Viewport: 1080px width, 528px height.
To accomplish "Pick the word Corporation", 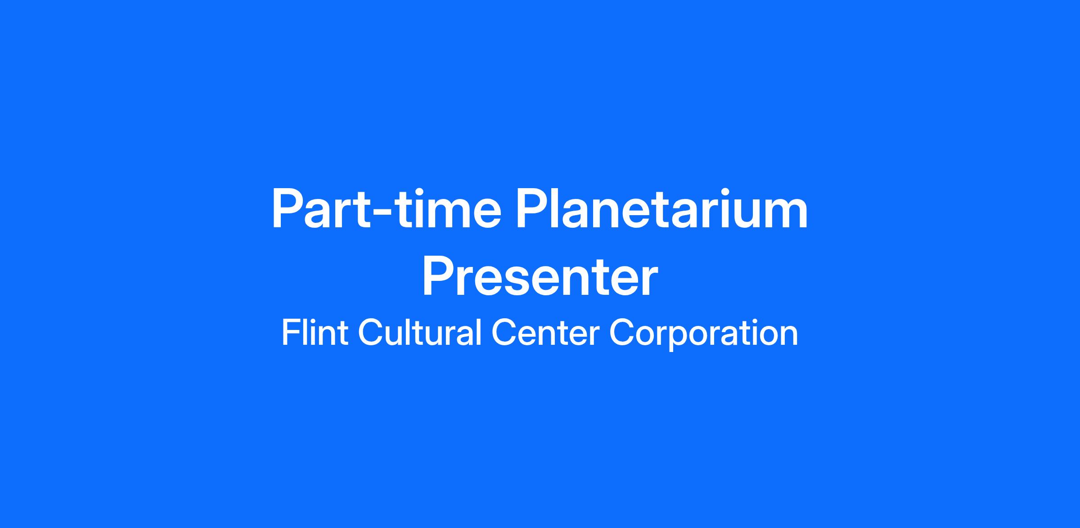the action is [x=703, y=334].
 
